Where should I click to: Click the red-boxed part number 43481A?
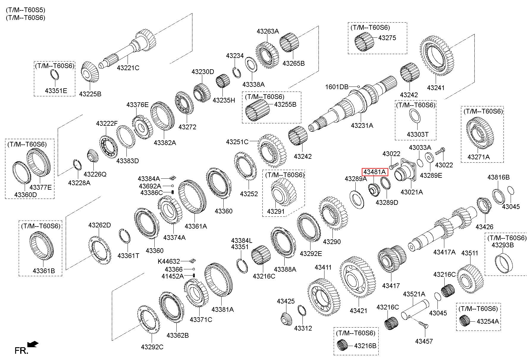point(375,172)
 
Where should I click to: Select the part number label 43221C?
point(128,68)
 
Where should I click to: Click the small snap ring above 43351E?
point(54,74)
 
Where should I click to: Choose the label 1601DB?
point(337,87)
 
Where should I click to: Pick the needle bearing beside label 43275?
point(365,43)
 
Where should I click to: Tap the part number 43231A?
point(362,125)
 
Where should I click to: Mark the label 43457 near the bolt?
point(424,341)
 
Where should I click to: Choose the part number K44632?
point(169,261)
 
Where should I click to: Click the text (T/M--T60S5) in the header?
point(26,10)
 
